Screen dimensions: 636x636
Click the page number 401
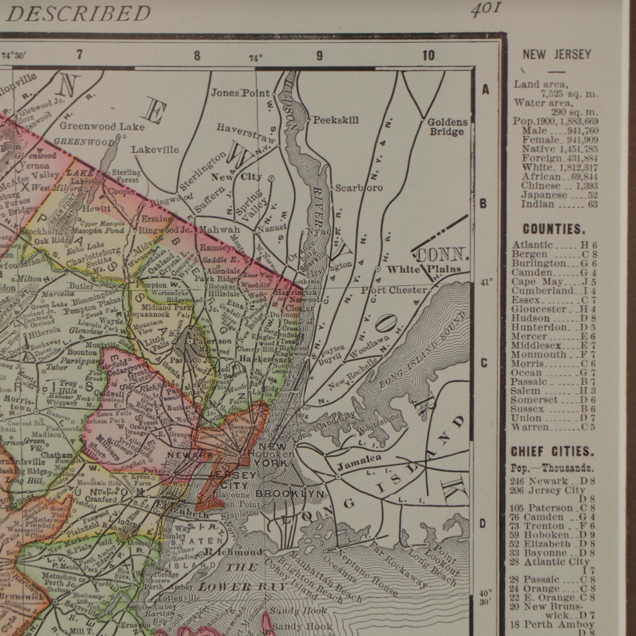point(486,10)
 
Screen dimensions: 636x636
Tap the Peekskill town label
point(335,120)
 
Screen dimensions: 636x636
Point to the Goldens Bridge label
point(447,127)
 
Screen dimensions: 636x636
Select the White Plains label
point(423,269)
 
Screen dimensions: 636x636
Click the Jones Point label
point(240,93)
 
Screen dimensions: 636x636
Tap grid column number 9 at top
point(319,56)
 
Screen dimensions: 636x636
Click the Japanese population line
point(559,195)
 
